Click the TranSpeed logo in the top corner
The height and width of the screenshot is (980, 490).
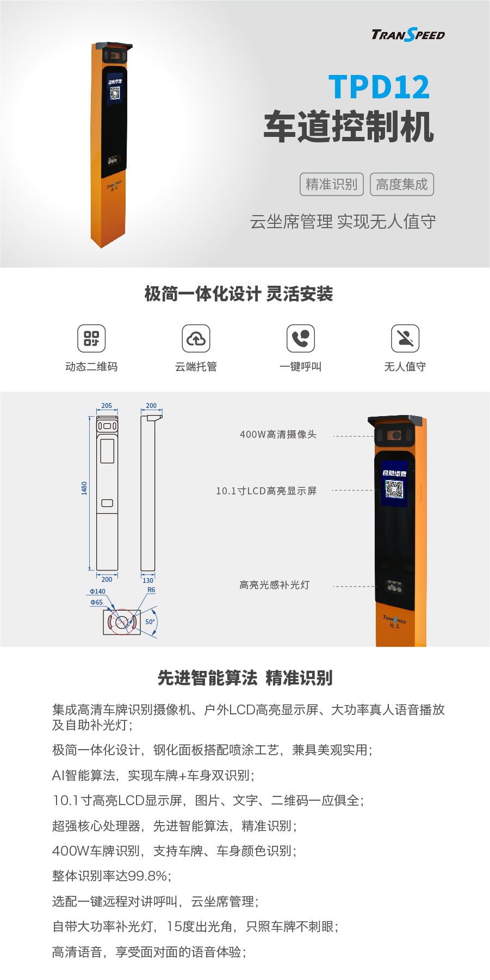tap(408, 35)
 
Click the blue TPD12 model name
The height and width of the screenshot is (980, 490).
tap(379, 87)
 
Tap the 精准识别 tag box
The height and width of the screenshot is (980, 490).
tap(331, 185)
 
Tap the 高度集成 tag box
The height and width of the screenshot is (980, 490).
tap(402, 185)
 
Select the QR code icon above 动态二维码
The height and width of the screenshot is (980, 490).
tap(91, 338)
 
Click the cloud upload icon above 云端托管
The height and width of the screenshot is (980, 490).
tap(196, 338)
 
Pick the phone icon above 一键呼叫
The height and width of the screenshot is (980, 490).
tap(301, 338)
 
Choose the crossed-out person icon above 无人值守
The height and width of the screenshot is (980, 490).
tap(405, 338)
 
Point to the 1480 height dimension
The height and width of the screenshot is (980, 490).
tap(84, 488)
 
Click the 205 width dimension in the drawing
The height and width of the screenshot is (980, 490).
tap(107, 406)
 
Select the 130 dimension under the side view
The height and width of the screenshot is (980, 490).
tap(148, 580)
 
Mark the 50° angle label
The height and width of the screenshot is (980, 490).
tap(150, 622)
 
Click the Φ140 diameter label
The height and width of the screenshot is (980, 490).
tap(98, 592)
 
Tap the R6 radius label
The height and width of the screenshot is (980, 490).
tap(151, 590)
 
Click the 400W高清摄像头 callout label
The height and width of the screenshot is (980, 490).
tap(278, 435)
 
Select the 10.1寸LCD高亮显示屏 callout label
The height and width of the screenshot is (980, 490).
tap(266, 491)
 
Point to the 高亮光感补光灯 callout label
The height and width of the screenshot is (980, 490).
tap(275, 585)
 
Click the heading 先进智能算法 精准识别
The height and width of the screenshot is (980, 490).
tap(245, 678)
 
